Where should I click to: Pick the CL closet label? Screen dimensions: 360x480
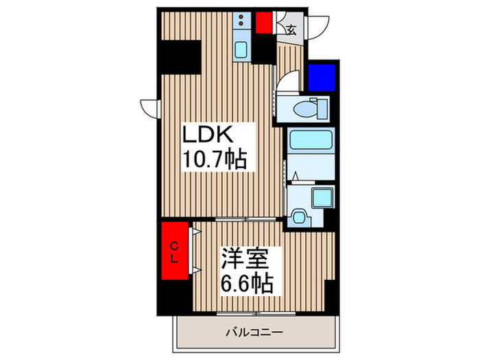coord(174,252)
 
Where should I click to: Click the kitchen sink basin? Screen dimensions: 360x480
coord(243,49)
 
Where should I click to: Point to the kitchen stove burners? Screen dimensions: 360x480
coord(242,24)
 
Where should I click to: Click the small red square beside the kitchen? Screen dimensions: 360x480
coord(265,23)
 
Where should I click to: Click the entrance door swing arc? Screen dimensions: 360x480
coord(317,26)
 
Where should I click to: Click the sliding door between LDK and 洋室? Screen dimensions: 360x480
coord(248,219)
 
